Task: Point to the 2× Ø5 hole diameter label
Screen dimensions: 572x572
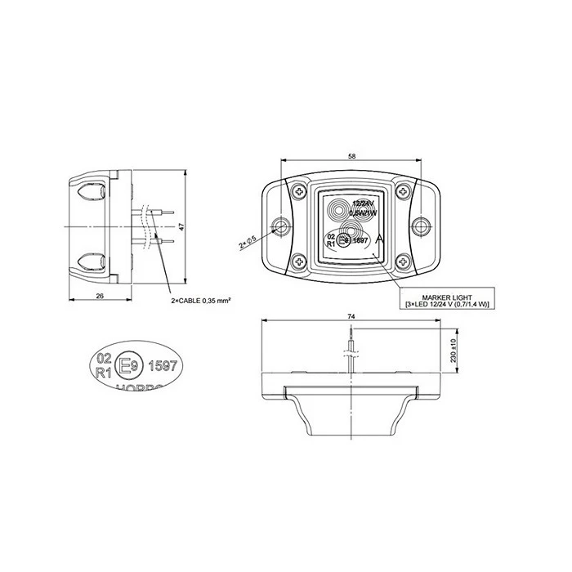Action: (248, 242)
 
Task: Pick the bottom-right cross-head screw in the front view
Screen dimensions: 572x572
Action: (404, 262)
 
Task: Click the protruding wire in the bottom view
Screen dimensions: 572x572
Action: (351, 347)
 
